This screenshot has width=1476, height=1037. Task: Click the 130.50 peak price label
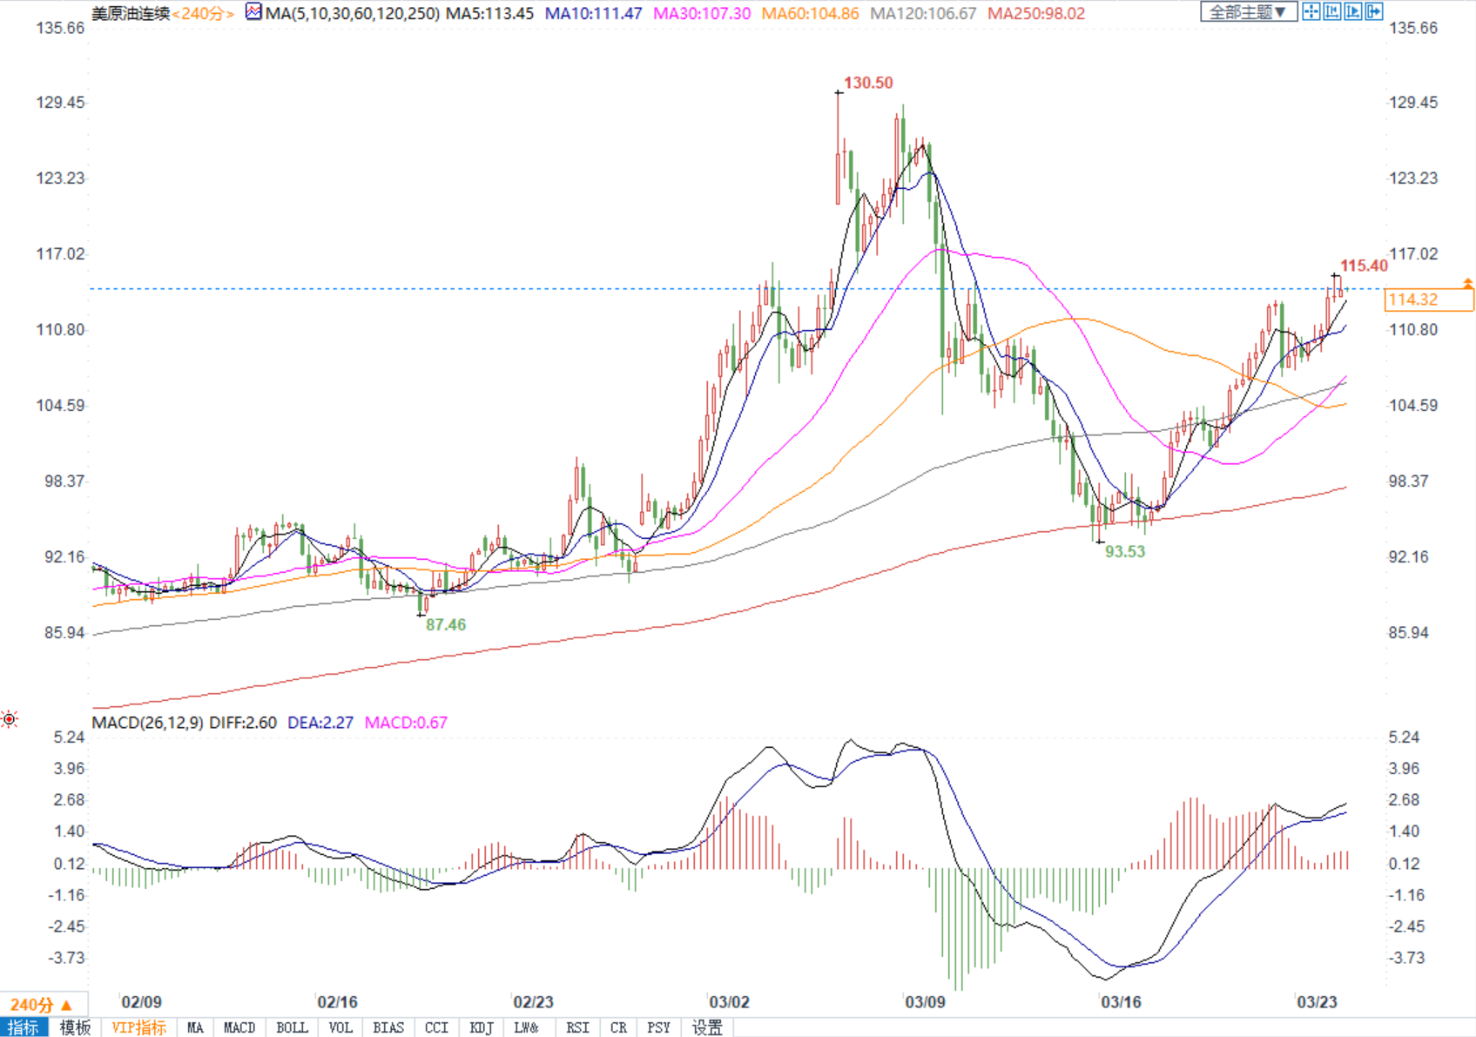point(868,83)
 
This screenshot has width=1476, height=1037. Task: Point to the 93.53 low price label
point(1125,551)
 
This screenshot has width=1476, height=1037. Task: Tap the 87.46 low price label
point(446,624)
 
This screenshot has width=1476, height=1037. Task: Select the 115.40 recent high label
point(1364,266)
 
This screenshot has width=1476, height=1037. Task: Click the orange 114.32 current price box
point(1428,300)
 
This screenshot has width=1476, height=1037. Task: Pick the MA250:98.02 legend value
point(1035,13)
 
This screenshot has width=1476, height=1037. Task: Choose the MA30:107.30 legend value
point(702,13)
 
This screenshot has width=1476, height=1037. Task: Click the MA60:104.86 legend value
point(810,13)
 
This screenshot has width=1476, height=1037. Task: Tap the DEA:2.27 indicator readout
point(320,723)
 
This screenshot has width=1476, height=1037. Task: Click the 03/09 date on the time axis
point(925,1002)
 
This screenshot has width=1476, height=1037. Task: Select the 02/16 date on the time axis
point(337,1002)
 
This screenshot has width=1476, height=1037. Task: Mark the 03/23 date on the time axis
point(1317,1002)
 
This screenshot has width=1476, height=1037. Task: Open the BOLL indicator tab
point(292,1027)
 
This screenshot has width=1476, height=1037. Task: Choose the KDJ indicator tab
point(481,1027)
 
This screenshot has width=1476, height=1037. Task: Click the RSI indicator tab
point(577,1027)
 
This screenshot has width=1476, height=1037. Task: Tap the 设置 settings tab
point(707,1027)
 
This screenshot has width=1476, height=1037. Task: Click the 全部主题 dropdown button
point(1248,11)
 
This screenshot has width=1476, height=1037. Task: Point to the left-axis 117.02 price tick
point(61,253)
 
